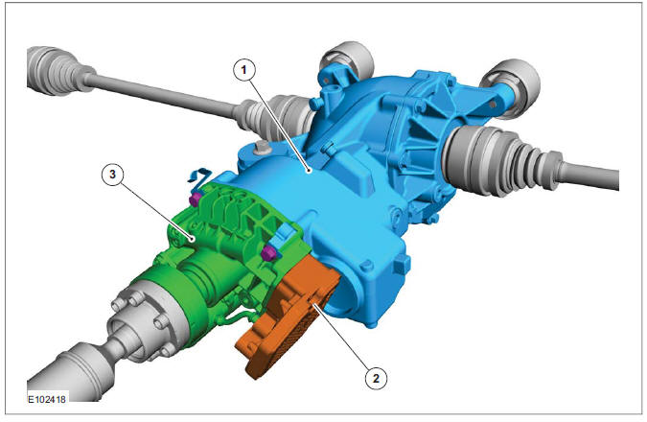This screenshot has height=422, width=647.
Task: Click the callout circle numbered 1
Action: coord(245,71)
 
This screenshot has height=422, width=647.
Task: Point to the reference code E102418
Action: coord(45,394)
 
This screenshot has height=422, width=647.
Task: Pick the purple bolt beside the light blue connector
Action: coord(268,251)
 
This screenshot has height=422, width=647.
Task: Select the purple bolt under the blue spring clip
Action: coord(195,199)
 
